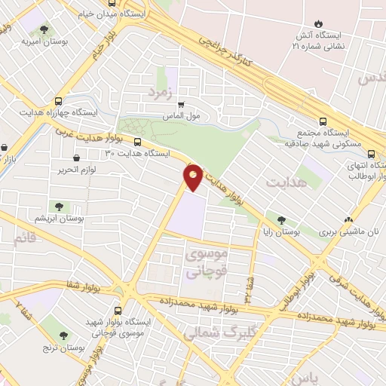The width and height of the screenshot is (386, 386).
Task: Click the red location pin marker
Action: click(x=194, y=176)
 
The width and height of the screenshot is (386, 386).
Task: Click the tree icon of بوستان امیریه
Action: click(x=44, y=29)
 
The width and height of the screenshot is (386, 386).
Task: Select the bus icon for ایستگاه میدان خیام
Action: click(x=112, y=3)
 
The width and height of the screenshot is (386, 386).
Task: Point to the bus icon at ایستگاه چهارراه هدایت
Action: click(x=59, y=100)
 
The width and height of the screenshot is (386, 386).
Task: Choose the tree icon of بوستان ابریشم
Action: click(x=58, y=205)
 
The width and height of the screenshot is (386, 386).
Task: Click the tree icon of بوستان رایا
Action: click(x=281, y=221)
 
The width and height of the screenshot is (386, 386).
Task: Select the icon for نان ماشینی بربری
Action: click(x=348, y=221)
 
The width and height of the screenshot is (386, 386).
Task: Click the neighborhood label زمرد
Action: click(x=161, y=93)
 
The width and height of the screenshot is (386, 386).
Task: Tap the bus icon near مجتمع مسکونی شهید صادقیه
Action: click(x=323, y=120)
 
